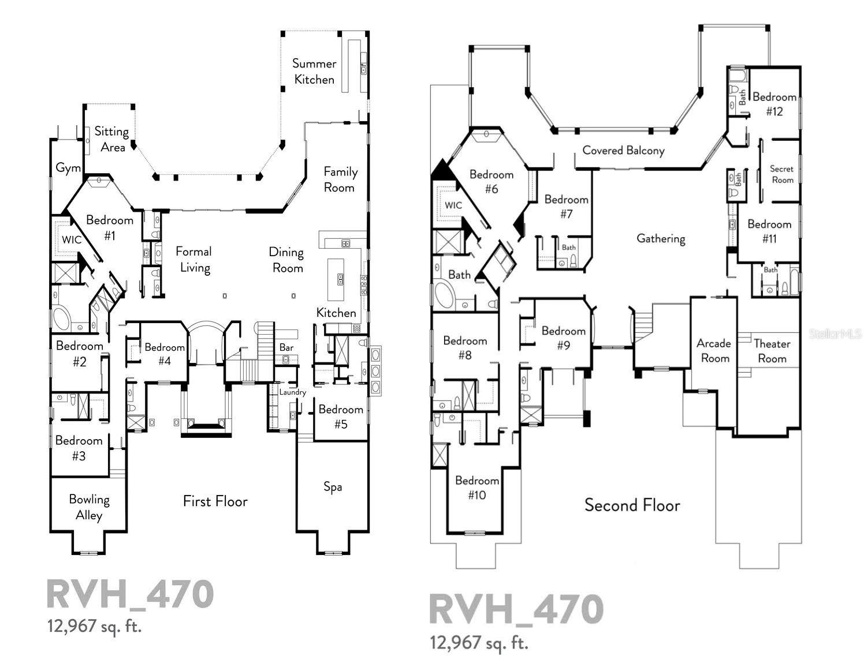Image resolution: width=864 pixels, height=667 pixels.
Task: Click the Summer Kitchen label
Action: (x=314, y=72)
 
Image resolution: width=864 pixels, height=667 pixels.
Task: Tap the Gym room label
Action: (x=68, y=168)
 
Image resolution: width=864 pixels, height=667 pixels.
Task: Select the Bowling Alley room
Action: (x=89, y=507)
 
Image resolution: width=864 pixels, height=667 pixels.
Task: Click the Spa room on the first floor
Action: (x=332, y=486)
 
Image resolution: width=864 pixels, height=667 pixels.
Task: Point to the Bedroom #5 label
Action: (x=341, y=417)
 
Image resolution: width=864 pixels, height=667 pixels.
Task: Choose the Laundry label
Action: (x=292, y=392)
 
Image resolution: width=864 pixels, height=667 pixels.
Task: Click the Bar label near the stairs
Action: (x=286, y=347)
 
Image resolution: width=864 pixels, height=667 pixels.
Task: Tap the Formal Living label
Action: (x=193, y=259)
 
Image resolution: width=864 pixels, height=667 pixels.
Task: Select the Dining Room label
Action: (x=286, y=260)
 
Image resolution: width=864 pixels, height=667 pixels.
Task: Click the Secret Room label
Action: (x=781, y=174)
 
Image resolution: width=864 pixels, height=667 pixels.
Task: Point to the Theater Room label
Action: (x=772, y=351)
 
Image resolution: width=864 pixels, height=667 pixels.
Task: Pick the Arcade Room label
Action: (x=714, y=351)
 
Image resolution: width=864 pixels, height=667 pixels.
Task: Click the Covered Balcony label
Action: (x=623, y=151)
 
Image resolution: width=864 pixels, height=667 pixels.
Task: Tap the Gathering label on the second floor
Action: (x=661, y=238)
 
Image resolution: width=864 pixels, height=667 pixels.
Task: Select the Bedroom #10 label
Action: (x=476, y=488)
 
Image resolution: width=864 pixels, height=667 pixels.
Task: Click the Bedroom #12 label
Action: (x=774, y=104)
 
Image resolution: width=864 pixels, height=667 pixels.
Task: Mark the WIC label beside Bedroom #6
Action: (x=453, y=205)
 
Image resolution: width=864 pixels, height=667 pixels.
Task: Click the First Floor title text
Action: (x=215, y=501)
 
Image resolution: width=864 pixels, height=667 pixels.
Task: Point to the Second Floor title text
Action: (x=632, y=505)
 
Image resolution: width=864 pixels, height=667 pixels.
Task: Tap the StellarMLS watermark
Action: (x=835, y=333)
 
